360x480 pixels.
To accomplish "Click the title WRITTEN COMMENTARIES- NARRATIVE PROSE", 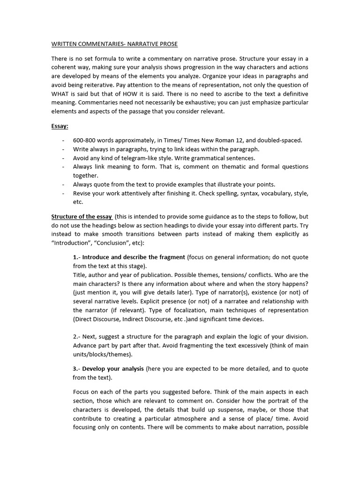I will pos(114,44).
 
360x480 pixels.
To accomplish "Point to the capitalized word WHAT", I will pos(61,93).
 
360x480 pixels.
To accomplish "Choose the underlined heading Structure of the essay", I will pos(82,217).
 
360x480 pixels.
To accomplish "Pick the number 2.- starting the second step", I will pos(77,337).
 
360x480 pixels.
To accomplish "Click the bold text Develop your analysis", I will pos(113,369).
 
